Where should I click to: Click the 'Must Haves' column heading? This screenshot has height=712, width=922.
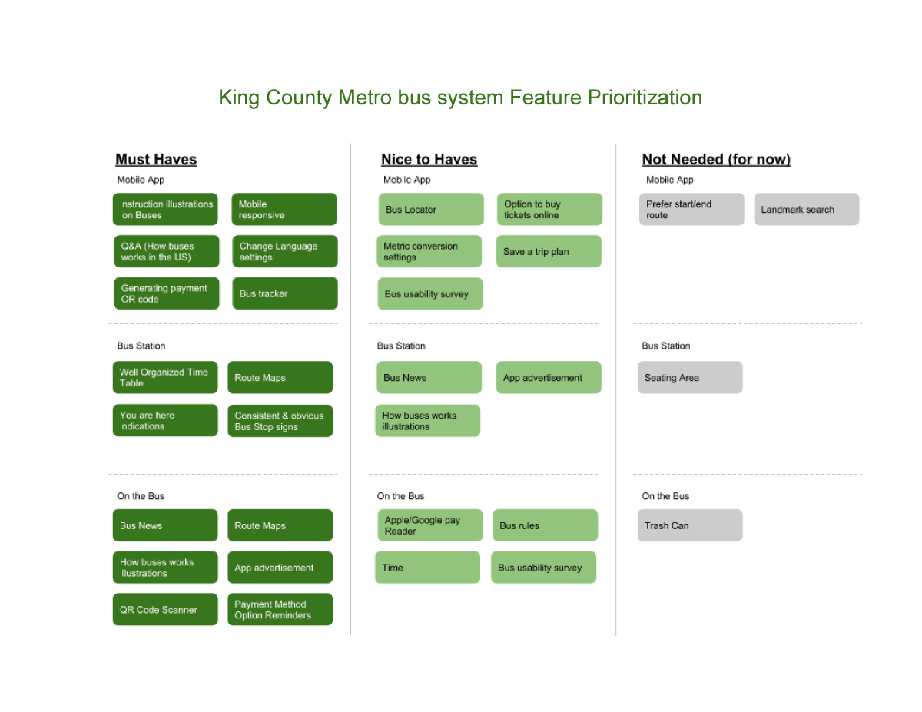pyautogui.click(x=156, y=159)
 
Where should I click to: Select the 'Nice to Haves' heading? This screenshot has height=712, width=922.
pyautogui.click(x=429, y=159)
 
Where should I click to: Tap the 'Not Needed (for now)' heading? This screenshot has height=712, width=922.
pyautogui.click(x=716, y=159)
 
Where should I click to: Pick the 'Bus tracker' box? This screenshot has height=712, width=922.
pyautogui.click(x=285, y=293)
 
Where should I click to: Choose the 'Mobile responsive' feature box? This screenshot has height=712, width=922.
pyautogui.click(x=284, y=209)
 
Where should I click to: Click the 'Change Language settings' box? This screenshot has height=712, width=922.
pyautogui.click(x=285, y=251)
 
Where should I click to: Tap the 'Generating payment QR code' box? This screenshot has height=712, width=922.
pyautogui.click(x=167, y=293)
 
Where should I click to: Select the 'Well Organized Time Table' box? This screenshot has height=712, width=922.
pyautogui.click(x=165, y=377)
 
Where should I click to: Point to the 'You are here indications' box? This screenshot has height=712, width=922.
pyautogui.click(x=165, y=420)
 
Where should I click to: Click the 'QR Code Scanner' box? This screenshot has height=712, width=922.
pyautogui.click(x=165, y=609)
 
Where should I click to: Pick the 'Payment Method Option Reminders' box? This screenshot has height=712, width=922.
pyautogui.click(x=280, y=609)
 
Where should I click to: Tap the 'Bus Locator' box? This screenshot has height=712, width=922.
pyautogui.click(x=431, y=209)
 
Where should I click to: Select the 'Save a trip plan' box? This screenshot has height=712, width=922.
pyautogui.click(x=549, y=251)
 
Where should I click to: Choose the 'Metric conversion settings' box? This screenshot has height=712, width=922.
pyautogui.click(x=429, y=251)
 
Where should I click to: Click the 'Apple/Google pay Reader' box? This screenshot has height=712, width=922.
pyautogui.click(x=430, y=525)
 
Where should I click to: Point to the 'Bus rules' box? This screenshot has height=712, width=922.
pyautogui.click(x=546, y=525)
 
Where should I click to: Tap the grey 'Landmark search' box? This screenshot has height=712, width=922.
pyautogui.click(x=807, y=209)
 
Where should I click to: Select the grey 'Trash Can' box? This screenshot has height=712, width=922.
pyautogui.click(x=690, y=525)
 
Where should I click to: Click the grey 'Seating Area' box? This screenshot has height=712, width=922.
pyautogui.click(x=690, y=377)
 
